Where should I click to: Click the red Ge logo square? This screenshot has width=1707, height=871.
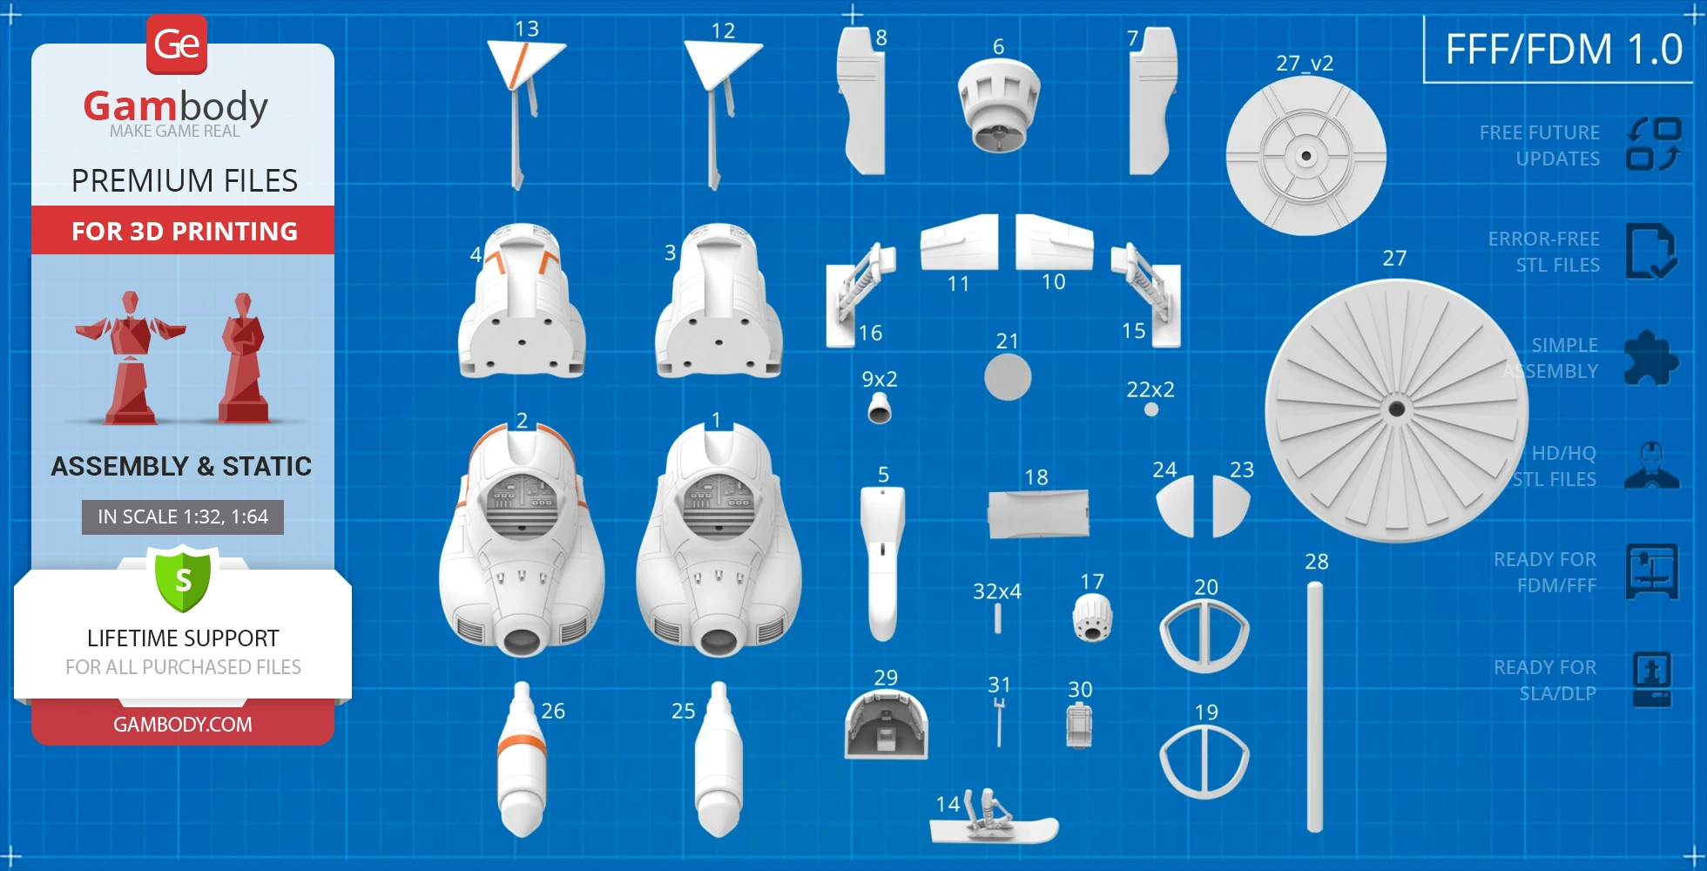177,44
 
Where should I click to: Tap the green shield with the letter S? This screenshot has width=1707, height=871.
183,579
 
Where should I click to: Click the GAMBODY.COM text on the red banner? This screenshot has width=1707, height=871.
183,724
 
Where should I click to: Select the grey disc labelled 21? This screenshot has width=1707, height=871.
1008,377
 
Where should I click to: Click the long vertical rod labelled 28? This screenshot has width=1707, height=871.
1315,707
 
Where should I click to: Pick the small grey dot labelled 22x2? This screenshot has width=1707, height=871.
1151,409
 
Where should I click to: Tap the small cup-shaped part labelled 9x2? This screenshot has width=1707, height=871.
880,408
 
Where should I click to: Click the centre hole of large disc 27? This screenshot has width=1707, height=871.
1397,408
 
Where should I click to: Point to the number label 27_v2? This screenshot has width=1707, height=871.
1305,63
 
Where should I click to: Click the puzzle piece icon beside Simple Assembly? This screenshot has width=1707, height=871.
1651,357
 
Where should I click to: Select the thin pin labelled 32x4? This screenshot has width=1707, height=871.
997,618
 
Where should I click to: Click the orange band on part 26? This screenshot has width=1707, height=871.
522,745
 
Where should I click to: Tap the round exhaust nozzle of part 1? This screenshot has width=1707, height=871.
719,642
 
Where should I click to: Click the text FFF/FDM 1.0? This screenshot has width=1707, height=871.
1564,49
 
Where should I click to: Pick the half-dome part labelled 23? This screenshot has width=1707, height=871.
1230,507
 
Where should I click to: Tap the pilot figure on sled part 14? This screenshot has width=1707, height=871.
989,811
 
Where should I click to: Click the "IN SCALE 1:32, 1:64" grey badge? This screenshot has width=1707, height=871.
183,517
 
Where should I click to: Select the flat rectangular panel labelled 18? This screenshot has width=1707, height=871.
1038,514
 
